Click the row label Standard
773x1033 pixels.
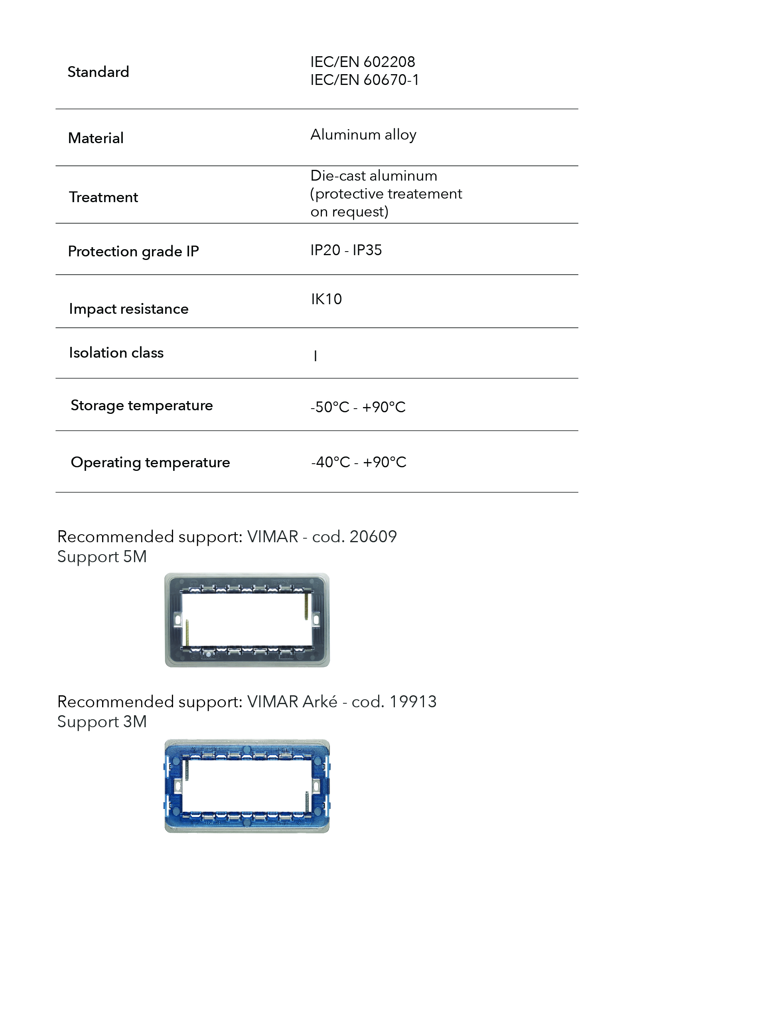click(98, 72)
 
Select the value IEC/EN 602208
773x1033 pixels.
click(363, 62)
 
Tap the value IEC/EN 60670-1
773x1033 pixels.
click(364, 80)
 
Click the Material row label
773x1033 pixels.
click(96, 138)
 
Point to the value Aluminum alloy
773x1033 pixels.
click(363, 134)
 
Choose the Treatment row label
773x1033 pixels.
click(103, 197)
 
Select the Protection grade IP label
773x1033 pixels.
click(133, 251)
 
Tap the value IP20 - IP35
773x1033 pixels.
click(346, 250)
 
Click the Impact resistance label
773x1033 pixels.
click(128, 309)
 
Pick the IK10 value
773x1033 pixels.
click(327, 299)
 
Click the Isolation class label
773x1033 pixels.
click(116, 352)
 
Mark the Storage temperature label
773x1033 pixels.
click(142, 405)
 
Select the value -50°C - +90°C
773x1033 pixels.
click(358, 407)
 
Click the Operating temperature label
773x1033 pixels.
click(150, 462)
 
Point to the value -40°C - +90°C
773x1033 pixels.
click(358, 462)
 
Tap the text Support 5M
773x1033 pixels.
click(102, 557)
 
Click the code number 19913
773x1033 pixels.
click(412, 701)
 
